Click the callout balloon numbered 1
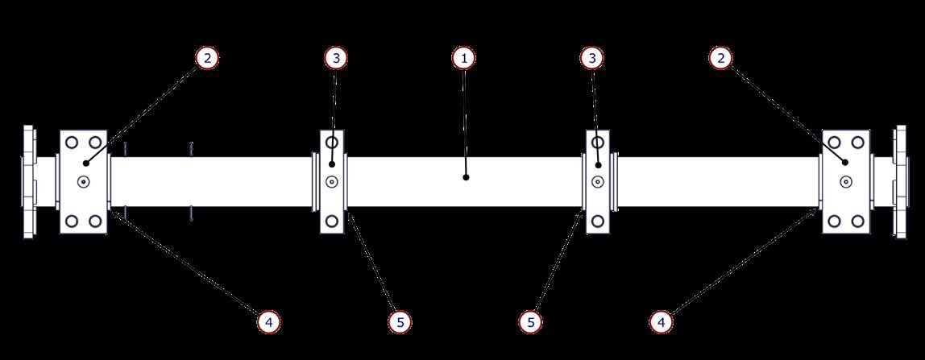click(463, 58)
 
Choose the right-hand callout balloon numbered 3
click(592, 58)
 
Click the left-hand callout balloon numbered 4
click(268, 322)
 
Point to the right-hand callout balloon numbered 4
click(661, 322)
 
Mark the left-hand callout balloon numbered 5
click(400, 322)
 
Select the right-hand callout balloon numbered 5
click(530, 322)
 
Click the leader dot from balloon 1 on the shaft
click(466, 176)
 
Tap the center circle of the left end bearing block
click(84, 182)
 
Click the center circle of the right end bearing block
click(846, 182)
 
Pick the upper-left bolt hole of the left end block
click(72, 143)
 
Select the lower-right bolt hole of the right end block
click(858, 221)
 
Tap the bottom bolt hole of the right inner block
click(597, 220)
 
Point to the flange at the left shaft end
click(28, 182)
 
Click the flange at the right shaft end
click(899, 182)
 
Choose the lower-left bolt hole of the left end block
click(72, 221)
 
